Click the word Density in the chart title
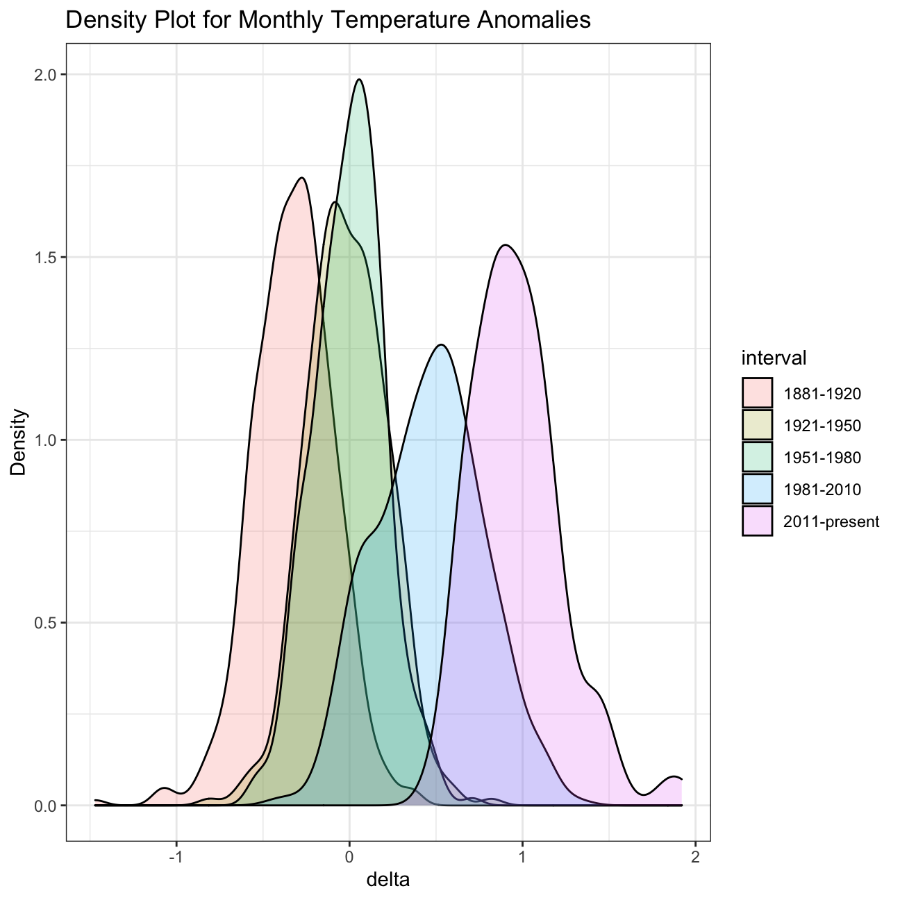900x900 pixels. click(x=101, y=21)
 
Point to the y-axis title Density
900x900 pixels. click(x=19, y=442)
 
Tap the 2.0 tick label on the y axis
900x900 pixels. click(x=46, y=74)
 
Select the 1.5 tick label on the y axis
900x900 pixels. click(x=46, y=257)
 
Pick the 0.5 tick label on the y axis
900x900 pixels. click(x=46, y=623)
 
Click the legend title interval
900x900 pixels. click(x=774, y=358)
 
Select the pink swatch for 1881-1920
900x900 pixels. click(x=757, y=393)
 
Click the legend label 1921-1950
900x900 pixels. click(x=822, y=426)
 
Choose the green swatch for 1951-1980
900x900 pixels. click(x=757, y=457)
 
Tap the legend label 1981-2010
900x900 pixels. click(x=822, y=490)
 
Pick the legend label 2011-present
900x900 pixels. click(x=831, y=522)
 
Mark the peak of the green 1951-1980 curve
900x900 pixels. click(x=359, y=79)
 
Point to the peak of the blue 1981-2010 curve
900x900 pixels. click(x=440, y=344)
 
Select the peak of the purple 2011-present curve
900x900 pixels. click(x=506, y=245)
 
